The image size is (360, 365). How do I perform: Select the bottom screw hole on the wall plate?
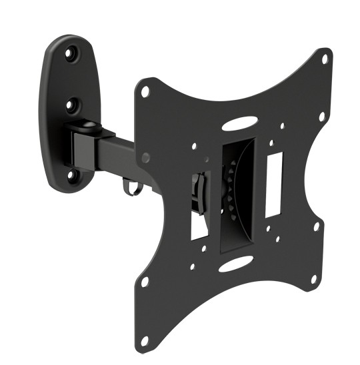pos(73,175)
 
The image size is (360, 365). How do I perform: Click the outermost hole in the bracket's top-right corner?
pos(324,59)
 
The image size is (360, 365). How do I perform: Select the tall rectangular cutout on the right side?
pos(274,184)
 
